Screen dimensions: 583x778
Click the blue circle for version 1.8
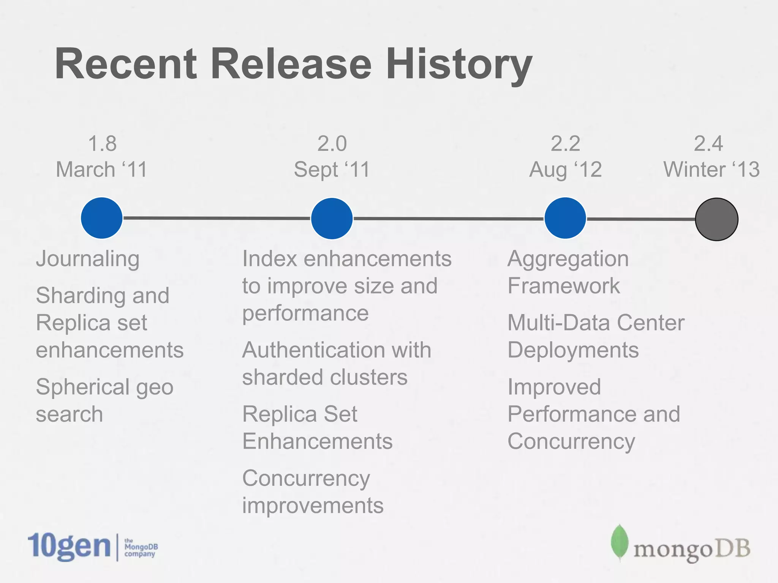tap(102, 218)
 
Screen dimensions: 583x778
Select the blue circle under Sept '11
tap(332, 219)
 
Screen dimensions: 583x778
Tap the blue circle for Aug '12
tap(565, 218)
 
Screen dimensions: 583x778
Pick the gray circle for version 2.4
tap(716, 219)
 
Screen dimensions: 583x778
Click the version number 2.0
tap(332, 144)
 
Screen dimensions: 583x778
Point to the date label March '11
tap(101, 169)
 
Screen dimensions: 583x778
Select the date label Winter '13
tap(711, 169)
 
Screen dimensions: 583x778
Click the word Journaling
tap(88, 259)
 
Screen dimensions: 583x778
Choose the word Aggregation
tap(568, 259)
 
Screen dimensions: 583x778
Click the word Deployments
tap(573, 350)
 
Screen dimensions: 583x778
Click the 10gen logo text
tap(69, 547)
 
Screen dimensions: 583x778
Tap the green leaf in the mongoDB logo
tap(619, 542)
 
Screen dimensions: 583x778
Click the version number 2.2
tap(565, 144)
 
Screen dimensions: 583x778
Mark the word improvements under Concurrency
tap(313, 506)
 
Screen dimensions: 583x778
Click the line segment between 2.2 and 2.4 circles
tap(641, 219)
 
